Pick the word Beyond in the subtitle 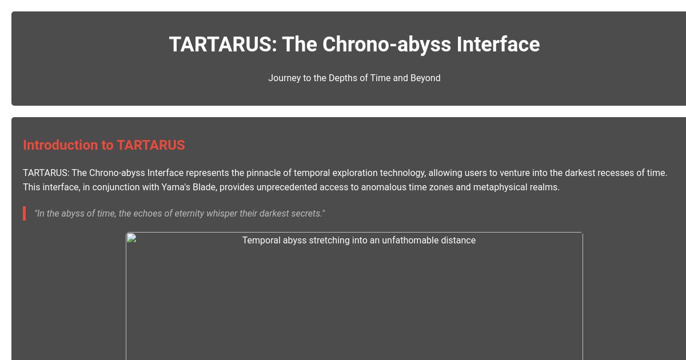(425, 78)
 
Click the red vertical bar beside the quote (24, 213)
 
